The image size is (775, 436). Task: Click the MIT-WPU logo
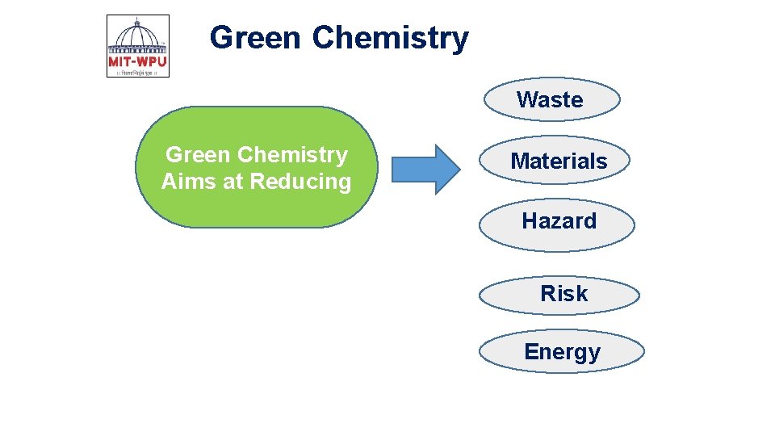tap(138, 46)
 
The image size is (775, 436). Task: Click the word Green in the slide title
tap(255, 37)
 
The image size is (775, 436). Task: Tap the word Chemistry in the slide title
tap(390, 37)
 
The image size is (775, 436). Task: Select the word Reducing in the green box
tap(300, 182)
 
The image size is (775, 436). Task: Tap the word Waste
tap(550, 100)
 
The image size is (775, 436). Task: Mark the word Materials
tap(559, 161)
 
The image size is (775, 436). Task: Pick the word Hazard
tap(559, 220)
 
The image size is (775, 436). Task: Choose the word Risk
tap(563, 294)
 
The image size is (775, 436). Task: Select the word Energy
tap(562, 352)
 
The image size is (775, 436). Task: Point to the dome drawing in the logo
tap(138, 36)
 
